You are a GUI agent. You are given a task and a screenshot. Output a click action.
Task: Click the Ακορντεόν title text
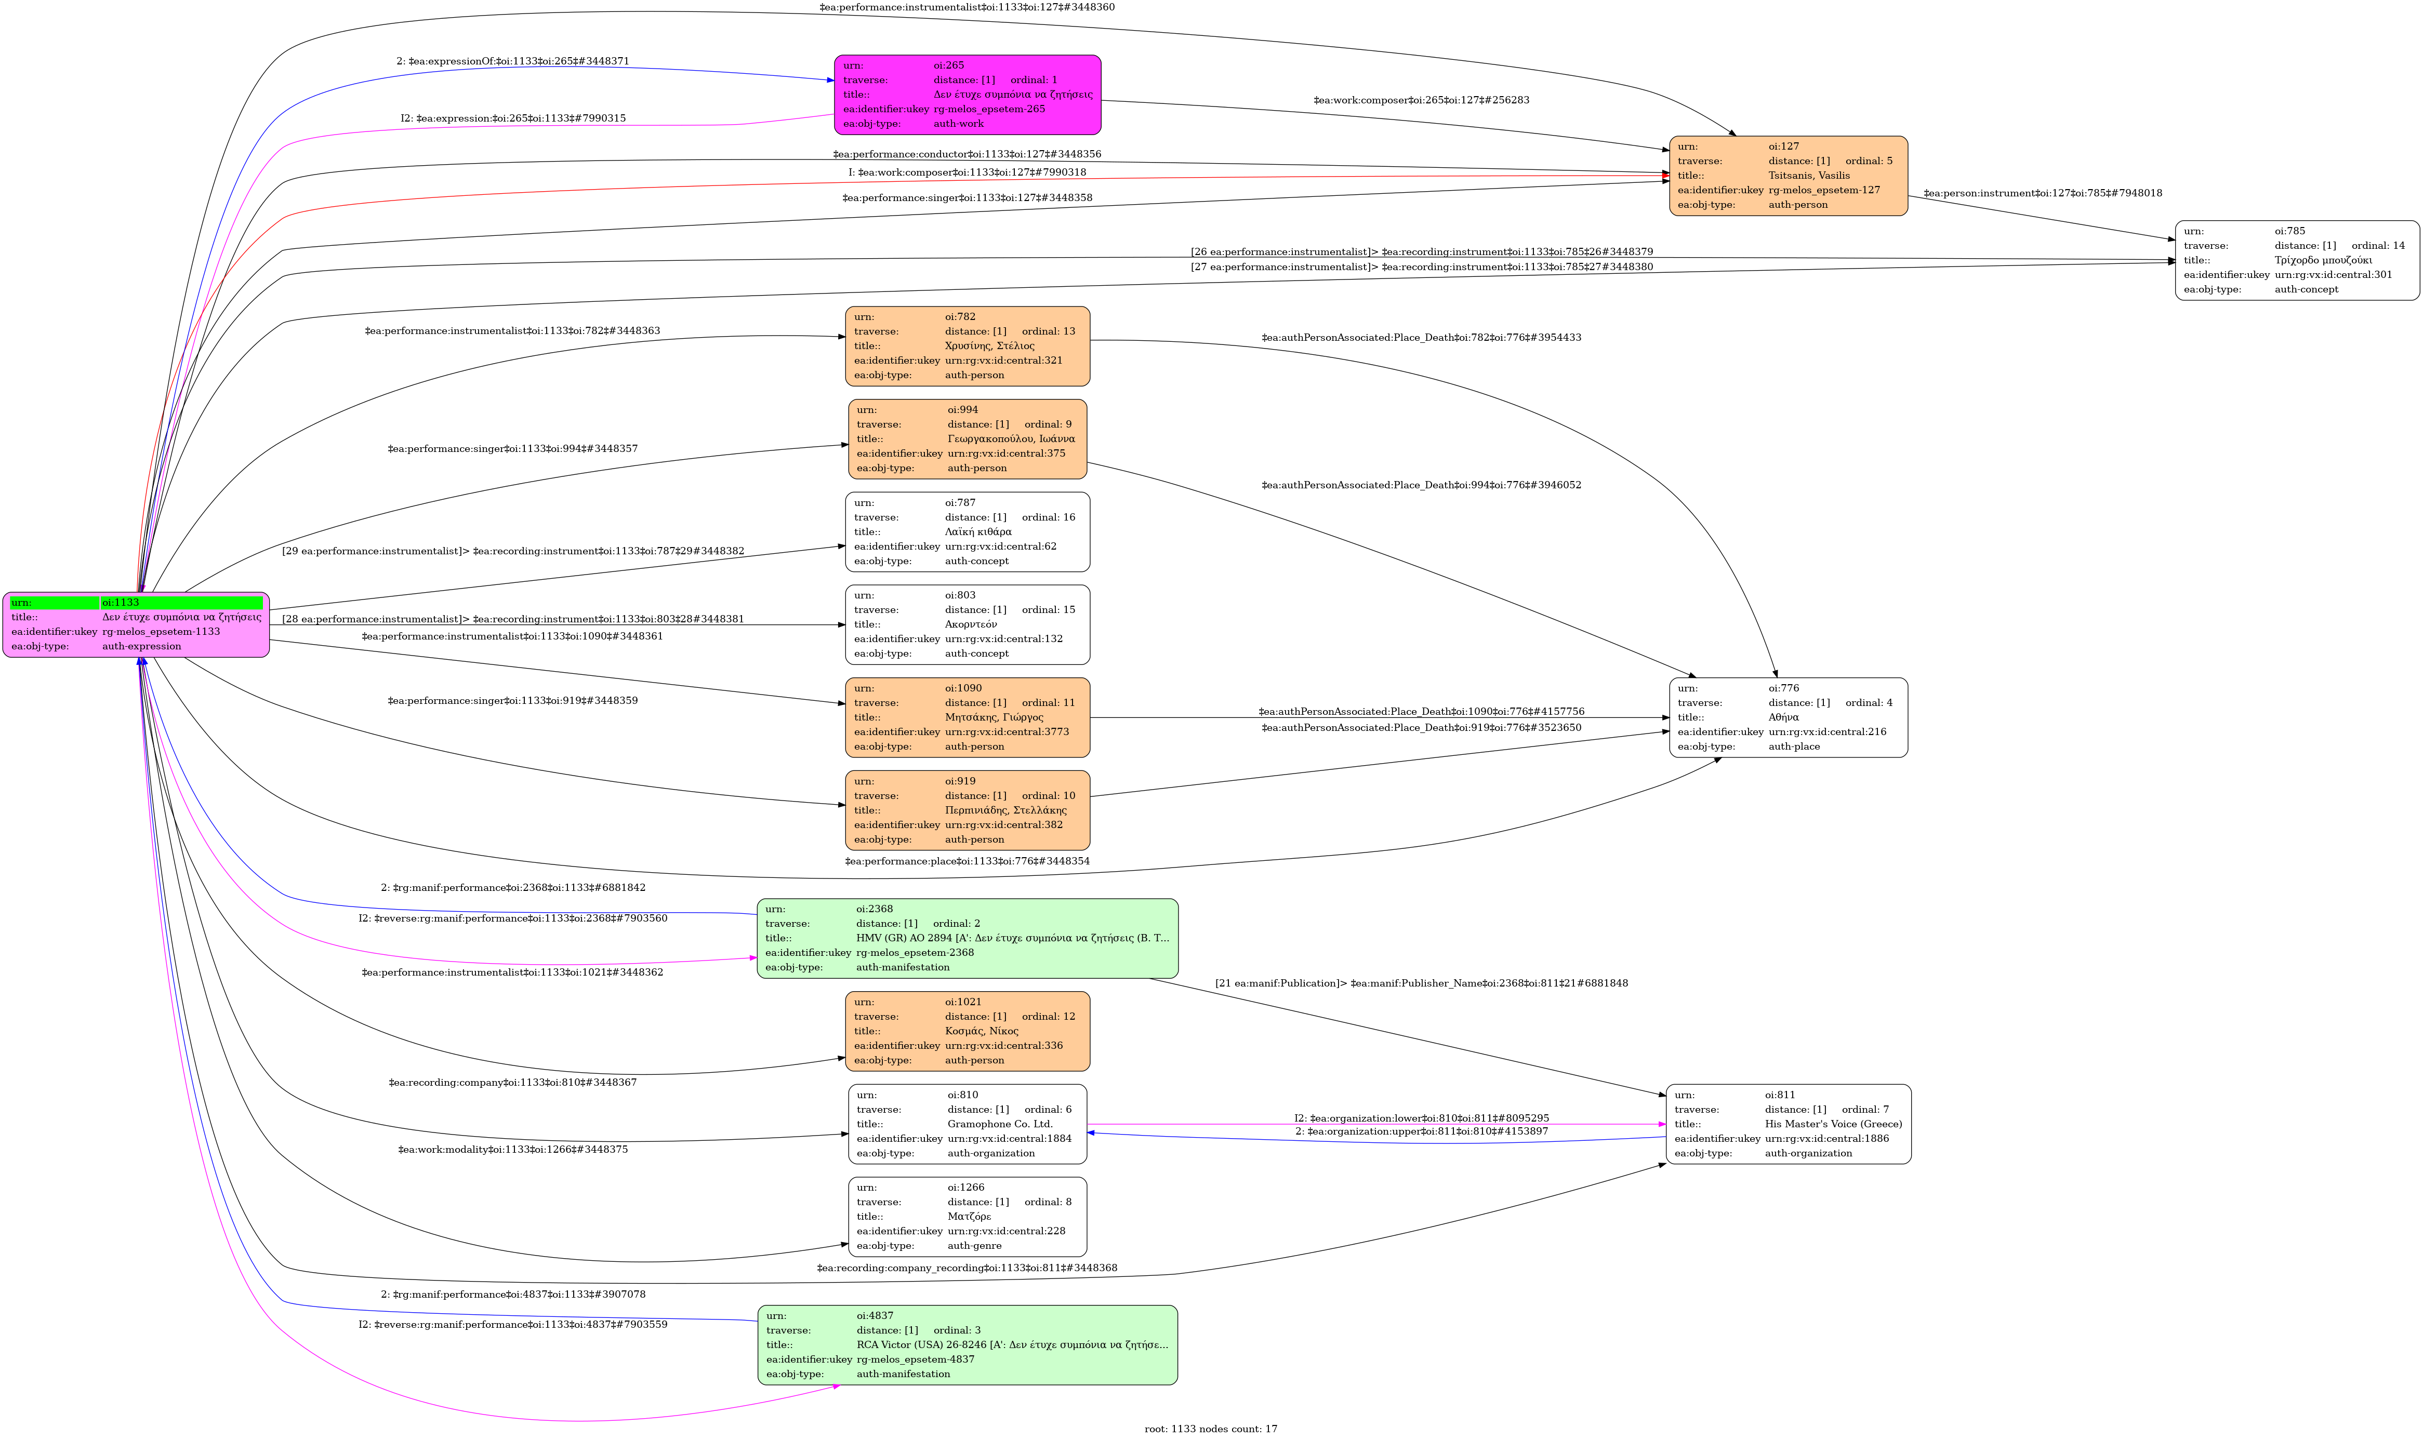(x=970, y=624)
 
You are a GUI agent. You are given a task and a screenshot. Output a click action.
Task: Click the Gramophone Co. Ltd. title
(x=999, y=1124)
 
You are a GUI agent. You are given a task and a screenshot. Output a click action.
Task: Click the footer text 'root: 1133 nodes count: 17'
(x=1210, y=1429)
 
